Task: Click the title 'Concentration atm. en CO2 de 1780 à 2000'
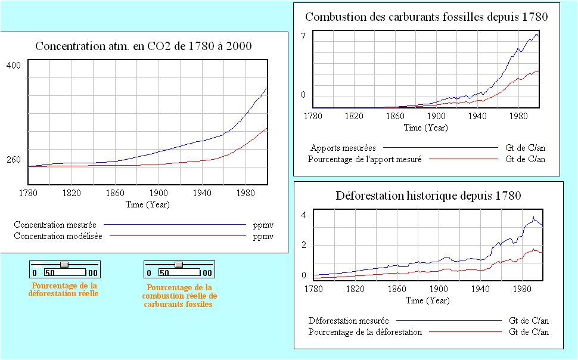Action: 144,46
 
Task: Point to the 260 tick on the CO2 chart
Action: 14,160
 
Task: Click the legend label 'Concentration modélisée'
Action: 58,237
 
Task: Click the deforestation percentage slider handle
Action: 64,264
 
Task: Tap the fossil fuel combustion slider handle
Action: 178,264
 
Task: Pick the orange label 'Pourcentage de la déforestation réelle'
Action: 64,290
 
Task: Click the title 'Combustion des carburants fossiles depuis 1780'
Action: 426,17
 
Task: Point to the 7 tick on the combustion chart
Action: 303,36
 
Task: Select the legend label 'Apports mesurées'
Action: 343,147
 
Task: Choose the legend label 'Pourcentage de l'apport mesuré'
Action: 365,159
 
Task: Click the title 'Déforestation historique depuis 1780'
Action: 428,195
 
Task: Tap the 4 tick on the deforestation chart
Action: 303,215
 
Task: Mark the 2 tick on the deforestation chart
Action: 303,245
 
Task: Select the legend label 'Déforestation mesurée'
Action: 349,320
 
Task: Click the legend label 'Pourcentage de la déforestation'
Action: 365,332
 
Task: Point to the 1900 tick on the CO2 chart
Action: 159,193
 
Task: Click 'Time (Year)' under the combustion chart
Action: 425,128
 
